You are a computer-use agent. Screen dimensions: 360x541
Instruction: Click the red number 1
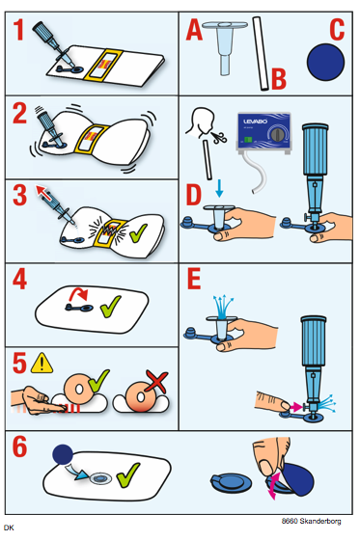pos(19,29)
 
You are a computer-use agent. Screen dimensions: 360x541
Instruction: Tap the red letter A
pos(194,30)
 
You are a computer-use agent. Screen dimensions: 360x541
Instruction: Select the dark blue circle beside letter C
pos(325,62)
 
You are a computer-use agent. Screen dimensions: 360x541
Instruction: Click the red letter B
pos(279,79)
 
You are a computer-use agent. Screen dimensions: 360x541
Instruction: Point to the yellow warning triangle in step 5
pos(42,363)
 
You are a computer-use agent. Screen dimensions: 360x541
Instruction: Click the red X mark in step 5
pos(156,381)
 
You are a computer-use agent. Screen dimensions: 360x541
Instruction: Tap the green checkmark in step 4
pos(110,306)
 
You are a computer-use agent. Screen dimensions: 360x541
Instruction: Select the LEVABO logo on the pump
pos(255,122)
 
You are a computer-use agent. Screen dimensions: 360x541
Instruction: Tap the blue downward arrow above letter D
pos(219,188)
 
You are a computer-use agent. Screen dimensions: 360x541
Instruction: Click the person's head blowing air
pos(201,122)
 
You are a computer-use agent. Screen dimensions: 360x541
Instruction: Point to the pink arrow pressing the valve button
pos(296,407)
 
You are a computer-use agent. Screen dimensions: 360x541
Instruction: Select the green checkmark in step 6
pos(128,475)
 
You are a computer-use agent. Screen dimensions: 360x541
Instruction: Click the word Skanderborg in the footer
pos(320,521)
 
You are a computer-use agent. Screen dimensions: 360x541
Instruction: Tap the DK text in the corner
pos(9,527)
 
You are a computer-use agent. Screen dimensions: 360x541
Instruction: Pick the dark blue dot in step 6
pos(63,454)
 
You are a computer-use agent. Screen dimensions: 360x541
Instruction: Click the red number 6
pos(19,446)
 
